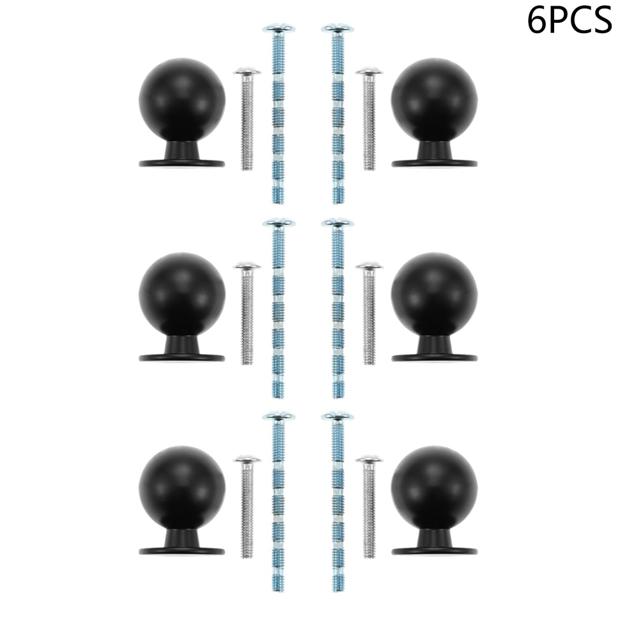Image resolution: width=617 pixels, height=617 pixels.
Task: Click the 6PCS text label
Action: pos(569,20)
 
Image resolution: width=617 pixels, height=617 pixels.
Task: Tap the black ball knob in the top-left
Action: pos(182,102)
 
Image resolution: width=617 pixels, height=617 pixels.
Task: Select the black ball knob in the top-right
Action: pos(434,102)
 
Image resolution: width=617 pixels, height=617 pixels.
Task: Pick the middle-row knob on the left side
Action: pos(182,296)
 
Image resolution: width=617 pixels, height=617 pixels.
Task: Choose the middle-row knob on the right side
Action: pos(434,296)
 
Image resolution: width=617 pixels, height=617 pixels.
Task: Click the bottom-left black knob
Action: pos(182,490)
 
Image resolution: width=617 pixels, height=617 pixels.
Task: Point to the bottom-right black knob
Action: pos(434,490)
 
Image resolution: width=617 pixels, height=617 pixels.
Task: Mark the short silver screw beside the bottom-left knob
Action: pos(247,507)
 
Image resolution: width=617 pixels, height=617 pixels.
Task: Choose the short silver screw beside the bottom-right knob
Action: pos(369,507)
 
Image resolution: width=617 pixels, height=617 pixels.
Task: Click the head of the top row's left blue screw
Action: pos(278,28)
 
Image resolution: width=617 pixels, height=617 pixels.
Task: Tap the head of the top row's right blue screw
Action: pos(337,28)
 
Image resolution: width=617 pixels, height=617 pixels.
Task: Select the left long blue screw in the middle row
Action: pos(278,308)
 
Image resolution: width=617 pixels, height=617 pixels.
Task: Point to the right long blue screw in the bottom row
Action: pos(337,502)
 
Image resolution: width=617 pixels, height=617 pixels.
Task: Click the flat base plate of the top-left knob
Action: pos(182,164)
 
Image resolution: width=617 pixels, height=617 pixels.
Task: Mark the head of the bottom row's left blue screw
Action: pos(278,416)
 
